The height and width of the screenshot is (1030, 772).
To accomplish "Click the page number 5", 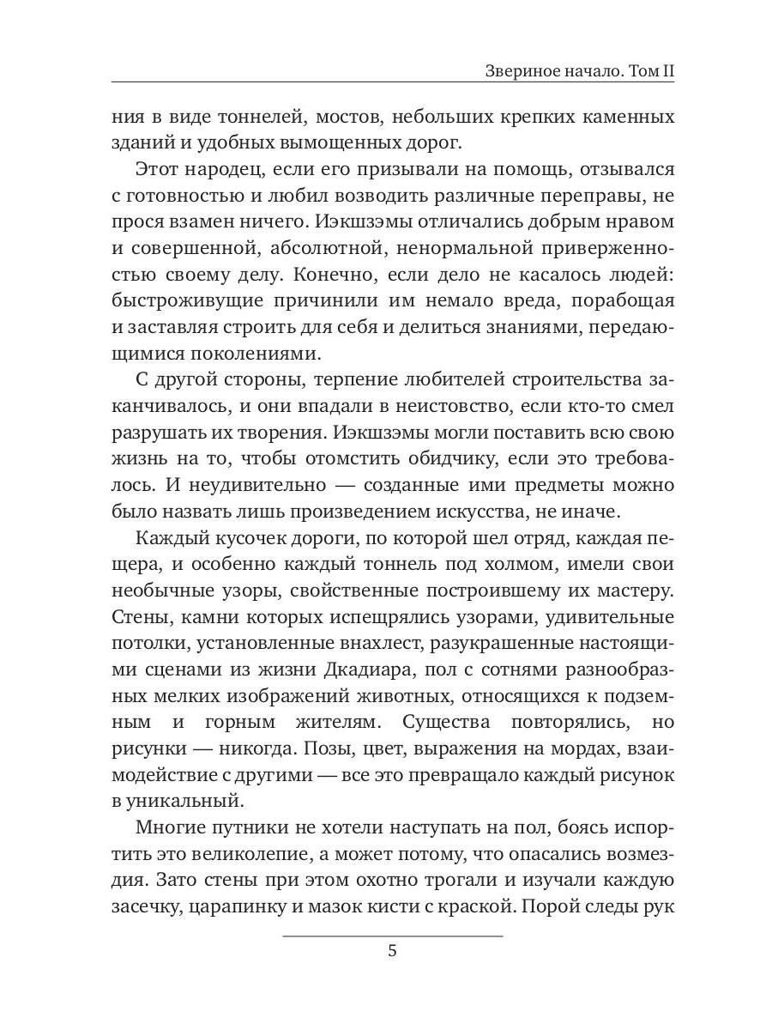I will point(392,951).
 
